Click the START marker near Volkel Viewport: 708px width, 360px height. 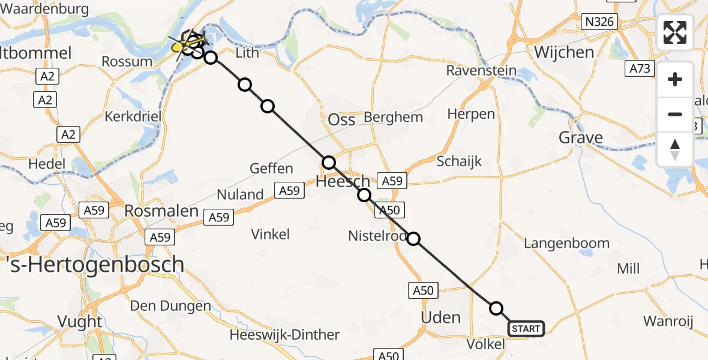(x=526, y=328)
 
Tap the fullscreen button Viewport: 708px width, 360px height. (x=675, y=32)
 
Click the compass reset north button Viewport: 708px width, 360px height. (x=675, y=149)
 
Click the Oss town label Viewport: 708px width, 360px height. (x=341, y=119)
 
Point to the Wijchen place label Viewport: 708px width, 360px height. (x=564, y=52)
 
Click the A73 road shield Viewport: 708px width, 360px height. (x=640, y=68)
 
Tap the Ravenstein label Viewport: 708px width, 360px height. (x=481, y=70)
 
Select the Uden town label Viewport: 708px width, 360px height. (x=441, y=317)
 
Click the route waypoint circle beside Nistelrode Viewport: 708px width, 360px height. (x=413, y=239)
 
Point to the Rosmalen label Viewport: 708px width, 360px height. (x=153, y=211)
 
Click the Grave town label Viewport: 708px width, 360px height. (x=580, y=137)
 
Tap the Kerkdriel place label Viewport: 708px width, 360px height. (x=133, y=116)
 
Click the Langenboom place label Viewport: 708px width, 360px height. (x=566, y=243)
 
